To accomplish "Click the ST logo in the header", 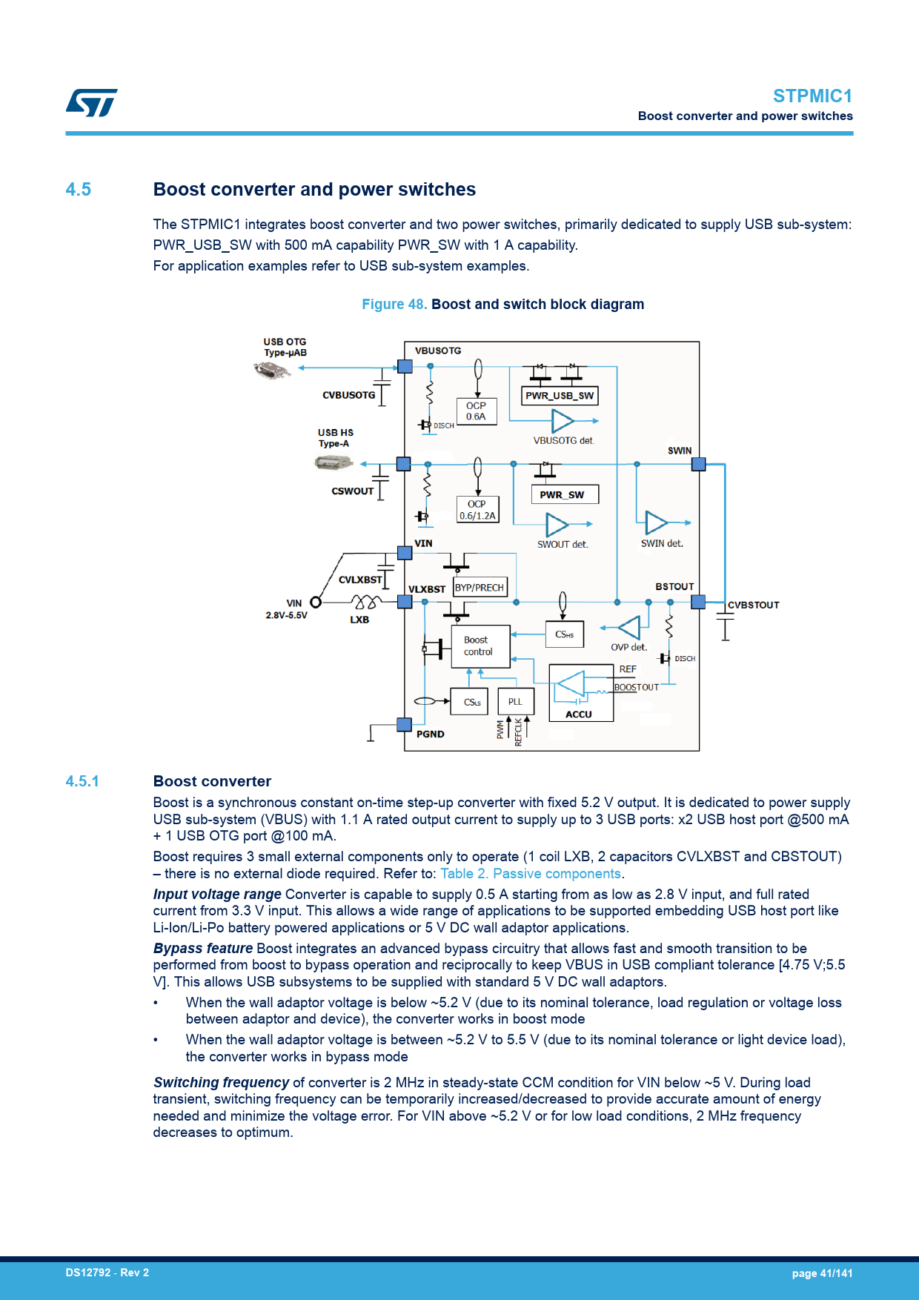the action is [91, 102].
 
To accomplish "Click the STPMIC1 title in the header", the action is [812, 96].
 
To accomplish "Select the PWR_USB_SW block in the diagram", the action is [560, 396].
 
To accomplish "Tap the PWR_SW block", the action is [565, 494].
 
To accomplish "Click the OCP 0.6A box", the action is [477, 411].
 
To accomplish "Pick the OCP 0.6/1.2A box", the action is [477, 510].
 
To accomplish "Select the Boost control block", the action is [480, 646].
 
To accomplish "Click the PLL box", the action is [515, 702].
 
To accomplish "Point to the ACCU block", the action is [581, 693].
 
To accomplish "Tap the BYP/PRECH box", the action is [480, 588].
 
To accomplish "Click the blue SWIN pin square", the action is [698, 465].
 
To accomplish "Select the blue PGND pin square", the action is [404, 725].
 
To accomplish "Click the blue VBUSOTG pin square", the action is [405, 366].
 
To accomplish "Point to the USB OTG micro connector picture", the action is [273, 370].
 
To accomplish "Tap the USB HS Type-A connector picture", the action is [334, 463].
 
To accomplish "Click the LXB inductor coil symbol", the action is [366, 601].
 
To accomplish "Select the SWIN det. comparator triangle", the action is [656, 523].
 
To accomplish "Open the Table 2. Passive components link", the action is [531, 874].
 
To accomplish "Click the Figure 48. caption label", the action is [394, 305].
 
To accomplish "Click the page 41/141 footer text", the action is [822, 1273].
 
